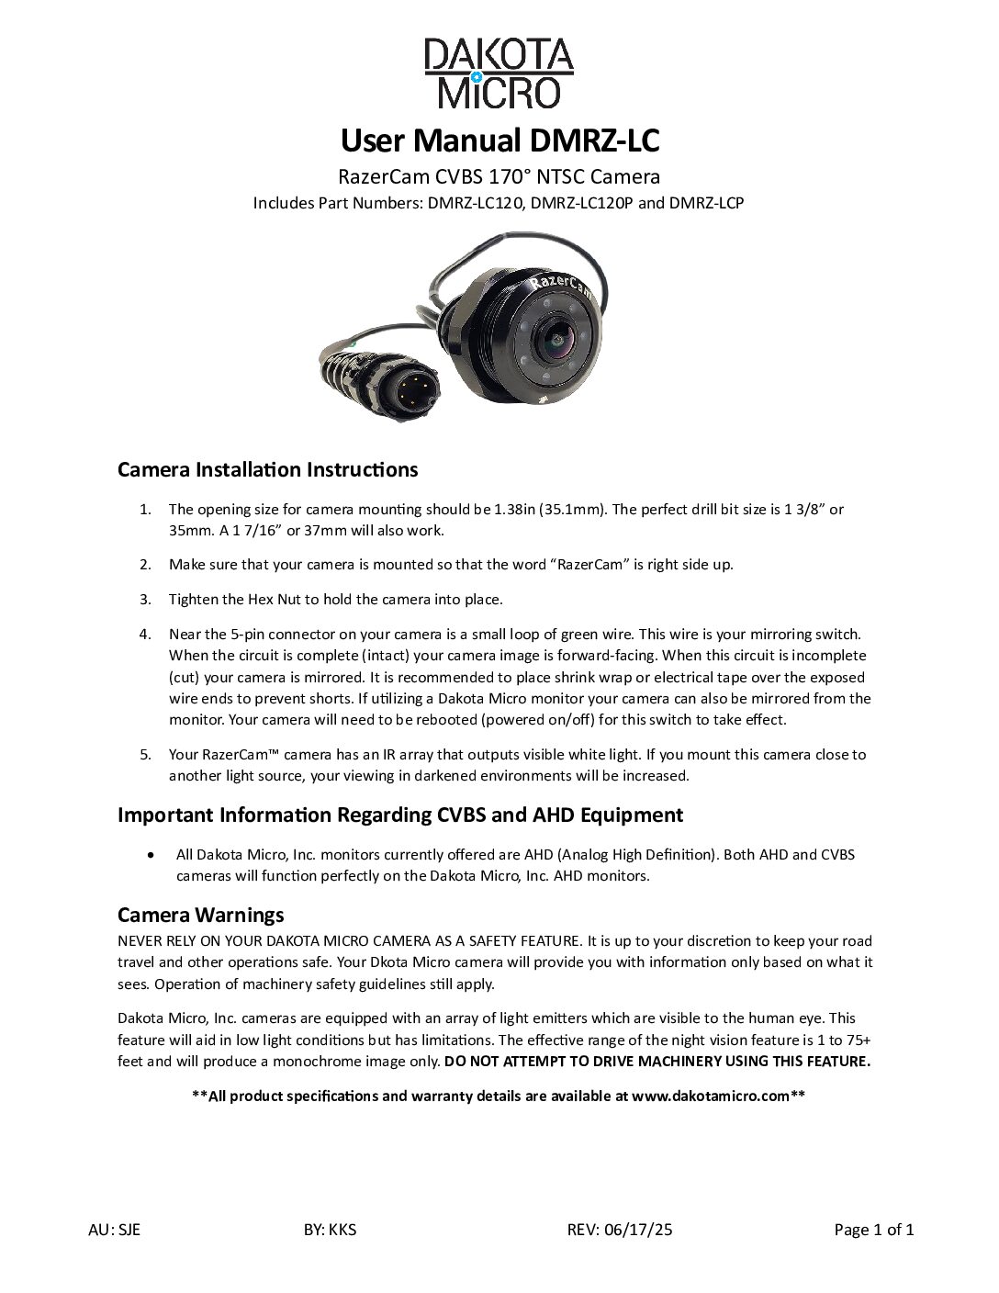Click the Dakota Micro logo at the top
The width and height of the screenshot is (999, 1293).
point(499,73)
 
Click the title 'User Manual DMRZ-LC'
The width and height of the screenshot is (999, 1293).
point(499,141)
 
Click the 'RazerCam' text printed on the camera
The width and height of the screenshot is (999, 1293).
point(560,287)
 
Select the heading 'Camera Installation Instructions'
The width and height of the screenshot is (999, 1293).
point(267,470)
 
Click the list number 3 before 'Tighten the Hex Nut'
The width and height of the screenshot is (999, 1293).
point(145,600)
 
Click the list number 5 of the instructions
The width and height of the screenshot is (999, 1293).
point(145,755)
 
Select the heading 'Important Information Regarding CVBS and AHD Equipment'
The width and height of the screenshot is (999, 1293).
point(399,815)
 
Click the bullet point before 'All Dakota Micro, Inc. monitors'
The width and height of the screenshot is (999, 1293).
point(151,855)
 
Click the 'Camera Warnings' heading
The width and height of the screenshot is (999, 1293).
point(200,915)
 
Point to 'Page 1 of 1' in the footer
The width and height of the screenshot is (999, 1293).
point(873,1230)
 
